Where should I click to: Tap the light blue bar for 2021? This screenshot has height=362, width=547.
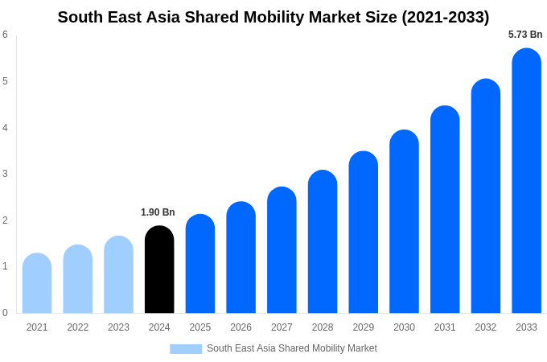[x=37, y=283]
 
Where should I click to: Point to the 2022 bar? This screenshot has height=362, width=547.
[x=78, y=279]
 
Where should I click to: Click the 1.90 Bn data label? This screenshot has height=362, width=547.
[x=158, y=212]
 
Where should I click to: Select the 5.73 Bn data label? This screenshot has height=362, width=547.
[x=525, y=35]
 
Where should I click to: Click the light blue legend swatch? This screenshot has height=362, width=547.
[x=186, y=349]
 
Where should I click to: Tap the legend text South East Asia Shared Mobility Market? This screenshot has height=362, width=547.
[x=292, y=348]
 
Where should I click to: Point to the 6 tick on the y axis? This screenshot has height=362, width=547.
[x=5, y=35]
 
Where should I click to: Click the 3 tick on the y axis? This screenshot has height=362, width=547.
[x=5, y=174]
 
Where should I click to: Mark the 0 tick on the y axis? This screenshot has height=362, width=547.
[x=5, y=313]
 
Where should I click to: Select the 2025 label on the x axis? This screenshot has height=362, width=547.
[x=200, y=327]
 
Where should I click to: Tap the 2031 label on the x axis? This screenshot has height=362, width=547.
[x=445, y=327]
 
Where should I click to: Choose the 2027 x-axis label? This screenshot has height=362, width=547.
[x=282, y=327]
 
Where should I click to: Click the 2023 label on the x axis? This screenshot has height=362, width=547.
[x=118, y=327]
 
